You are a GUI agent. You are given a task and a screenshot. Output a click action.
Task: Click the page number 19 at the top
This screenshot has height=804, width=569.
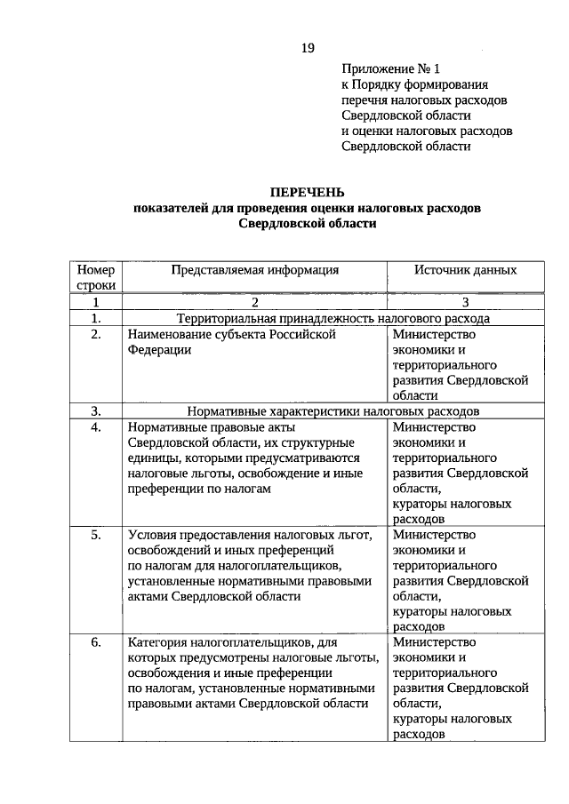point(307,47)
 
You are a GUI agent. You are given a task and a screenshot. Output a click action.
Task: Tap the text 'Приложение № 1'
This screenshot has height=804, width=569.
point(390,68)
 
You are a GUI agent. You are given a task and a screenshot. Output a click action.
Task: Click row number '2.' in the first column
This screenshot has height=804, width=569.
point(96,334)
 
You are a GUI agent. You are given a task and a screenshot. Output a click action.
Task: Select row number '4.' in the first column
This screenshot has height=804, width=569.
point(96,427)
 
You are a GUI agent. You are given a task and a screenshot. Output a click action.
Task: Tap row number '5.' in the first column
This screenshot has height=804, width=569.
point(96,535)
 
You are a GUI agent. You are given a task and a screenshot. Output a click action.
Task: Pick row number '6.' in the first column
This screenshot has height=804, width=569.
point(96,642)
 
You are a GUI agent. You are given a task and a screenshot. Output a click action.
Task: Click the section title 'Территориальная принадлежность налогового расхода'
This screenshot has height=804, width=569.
point(333,318)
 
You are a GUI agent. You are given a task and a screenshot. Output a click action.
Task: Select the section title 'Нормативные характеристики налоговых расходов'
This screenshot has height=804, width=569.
point(333,411)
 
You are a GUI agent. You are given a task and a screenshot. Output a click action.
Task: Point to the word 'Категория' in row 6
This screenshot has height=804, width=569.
point(157,642)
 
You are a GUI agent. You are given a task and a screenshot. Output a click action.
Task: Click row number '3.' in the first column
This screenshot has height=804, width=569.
point(96,411)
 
